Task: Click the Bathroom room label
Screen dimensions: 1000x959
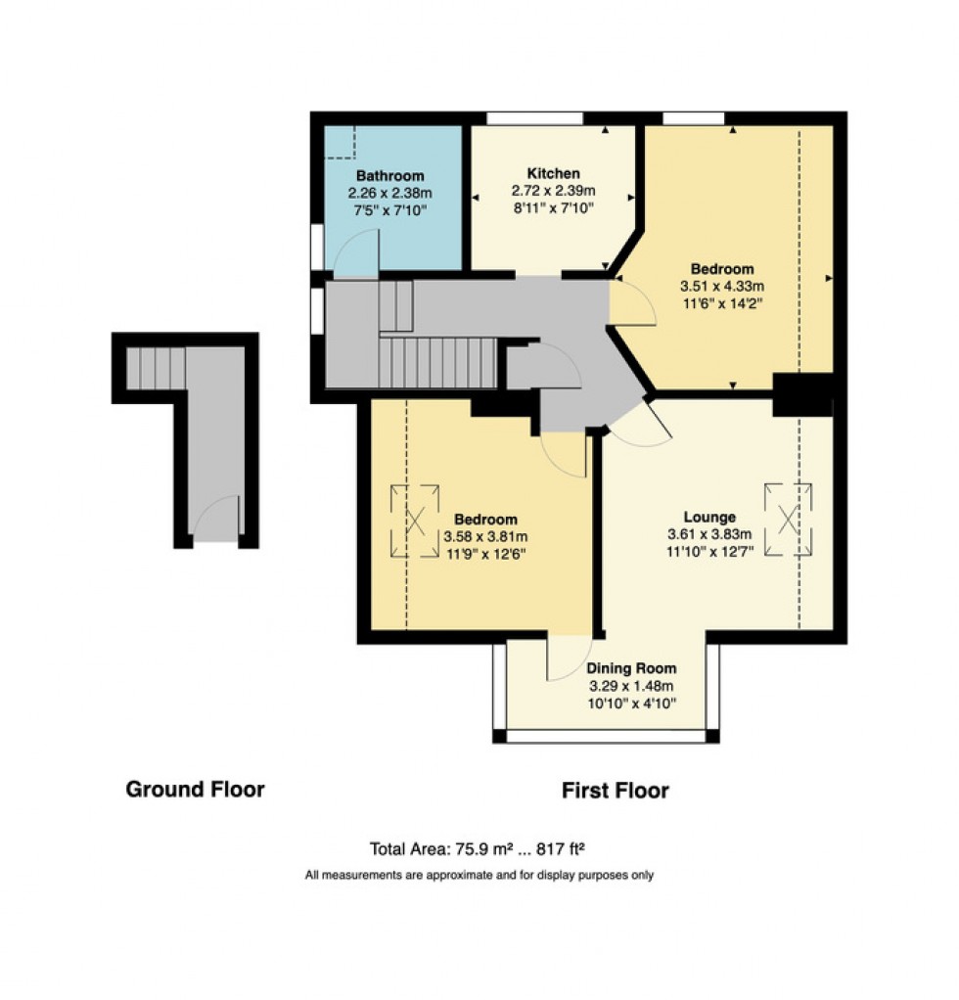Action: coord(389,176)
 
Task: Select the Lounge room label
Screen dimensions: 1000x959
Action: coord(708,517)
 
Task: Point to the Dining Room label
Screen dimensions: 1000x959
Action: coord(630,669)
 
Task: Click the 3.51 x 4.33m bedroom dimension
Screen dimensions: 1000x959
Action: coord(722,287)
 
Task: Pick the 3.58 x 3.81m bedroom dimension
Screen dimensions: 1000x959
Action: coord(485,536)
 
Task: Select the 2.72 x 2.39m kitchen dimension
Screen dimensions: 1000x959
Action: coord(553,191)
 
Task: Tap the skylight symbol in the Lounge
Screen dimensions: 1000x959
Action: coord(789,519)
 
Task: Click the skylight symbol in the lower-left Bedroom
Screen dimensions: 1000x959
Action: coord(415,522)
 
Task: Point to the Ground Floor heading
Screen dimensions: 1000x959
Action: coord(195,789)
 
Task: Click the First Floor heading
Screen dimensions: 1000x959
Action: coord(615,791)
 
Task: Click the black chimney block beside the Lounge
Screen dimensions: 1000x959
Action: coord(801,394)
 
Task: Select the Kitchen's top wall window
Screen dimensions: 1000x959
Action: coord(535,118)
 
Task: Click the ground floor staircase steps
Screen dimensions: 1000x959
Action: coord(156,369)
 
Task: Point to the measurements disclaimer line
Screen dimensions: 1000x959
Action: coord(479,876)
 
